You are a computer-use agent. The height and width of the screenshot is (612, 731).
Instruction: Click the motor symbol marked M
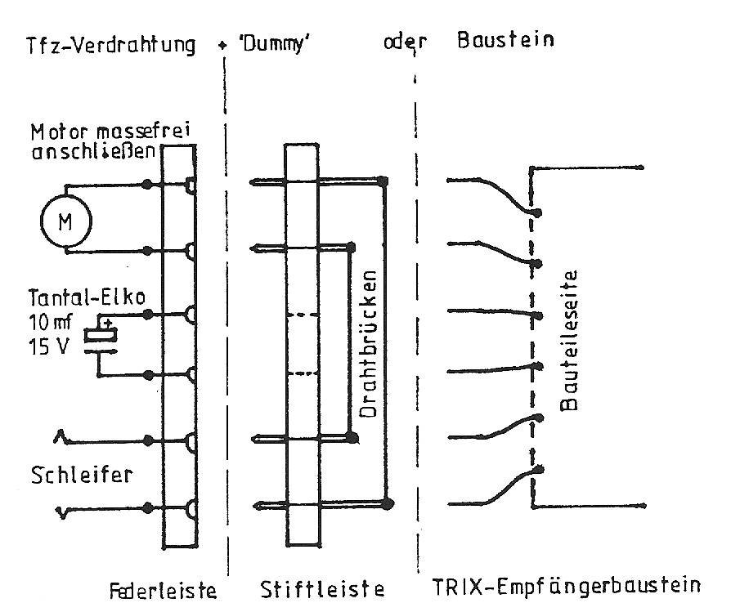click(65, 218)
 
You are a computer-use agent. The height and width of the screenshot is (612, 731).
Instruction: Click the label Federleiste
click(164, 588)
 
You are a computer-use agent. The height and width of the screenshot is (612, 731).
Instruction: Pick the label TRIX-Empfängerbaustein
click(565, 587)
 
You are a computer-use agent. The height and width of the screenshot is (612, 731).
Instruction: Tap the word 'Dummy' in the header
click(266, 43)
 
